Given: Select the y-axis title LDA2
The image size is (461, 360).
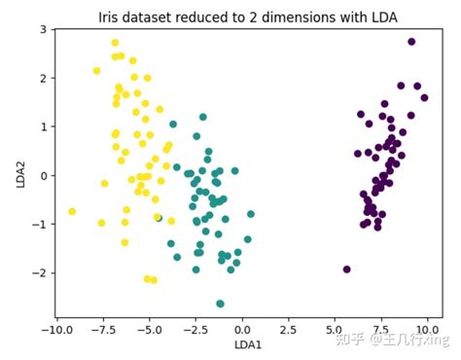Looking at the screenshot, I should coord(19,175).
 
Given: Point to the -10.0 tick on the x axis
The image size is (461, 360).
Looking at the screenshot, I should coord(57,328).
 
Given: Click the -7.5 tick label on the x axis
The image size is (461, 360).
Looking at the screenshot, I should coord(103,328).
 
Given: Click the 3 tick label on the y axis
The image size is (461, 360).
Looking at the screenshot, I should coord(43,29).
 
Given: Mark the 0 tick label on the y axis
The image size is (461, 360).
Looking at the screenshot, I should coord(43,175).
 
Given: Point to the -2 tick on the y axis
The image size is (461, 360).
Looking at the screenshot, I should coord(40,273).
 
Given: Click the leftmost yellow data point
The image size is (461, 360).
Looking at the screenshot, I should coord(72,211).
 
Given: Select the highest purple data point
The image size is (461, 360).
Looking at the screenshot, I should coord(411,42).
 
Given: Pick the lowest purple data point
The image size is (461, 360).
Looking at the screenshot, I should coord(346,270).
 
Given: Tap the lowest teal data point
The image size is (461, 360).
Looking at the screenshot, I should coord(220,304).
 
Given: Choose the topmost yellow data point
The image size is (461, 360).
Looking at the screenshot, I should coord(115,43).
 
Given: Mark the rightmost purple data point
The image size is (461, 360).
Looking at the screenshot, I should coord(424,97).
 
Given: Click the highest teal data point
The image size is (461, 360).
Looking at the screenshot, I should coord(202,117).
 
